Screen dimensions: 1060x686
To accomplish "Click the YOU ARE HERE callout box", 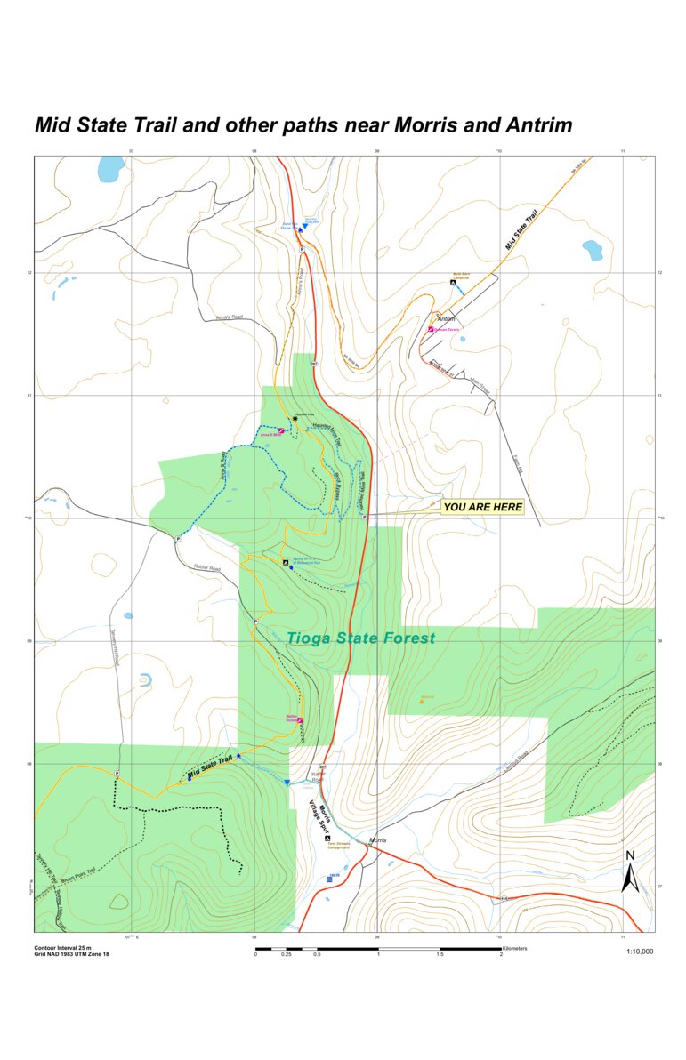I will pyautogui.click(x=482, y=507).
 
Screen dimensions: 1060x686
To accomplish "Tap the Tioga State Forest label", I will pyautogui.click(x=361, y=638).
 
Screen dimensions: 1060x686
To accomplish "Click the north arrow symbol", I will pyautogui.click(x=630, y=871).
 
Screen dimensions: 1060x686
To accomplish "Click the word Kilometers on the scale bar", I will pyautogui.click(x=514, y=948).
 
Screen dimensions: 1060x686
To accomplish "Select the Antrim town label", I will pyautogui.click(x=446, y=319).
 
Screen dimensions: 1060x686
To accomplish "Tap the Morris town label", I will pyautogui.click(x=378, y=840).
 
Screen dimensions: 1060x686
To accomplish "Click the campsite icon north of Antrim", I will pyautogui.click(x=453, y=283).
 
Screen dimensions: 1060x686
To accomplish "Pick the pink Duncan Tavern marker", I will pyautogui.click(x=431, y=329).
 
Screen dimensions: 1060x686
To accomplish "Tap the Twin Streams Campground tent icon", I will pyautogui.click(x=327, y=839).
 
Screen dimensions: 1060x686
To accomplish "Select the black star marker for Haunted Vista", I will pyautogui.click(x=295, y=418).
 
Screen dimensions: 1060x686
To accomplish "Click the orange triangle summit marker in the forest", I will pyautogui.click(x=422, y=701).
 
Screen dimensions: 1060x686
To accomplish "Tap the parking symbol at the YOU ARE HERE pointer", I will pyautogui.click(x=365, y=516).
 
